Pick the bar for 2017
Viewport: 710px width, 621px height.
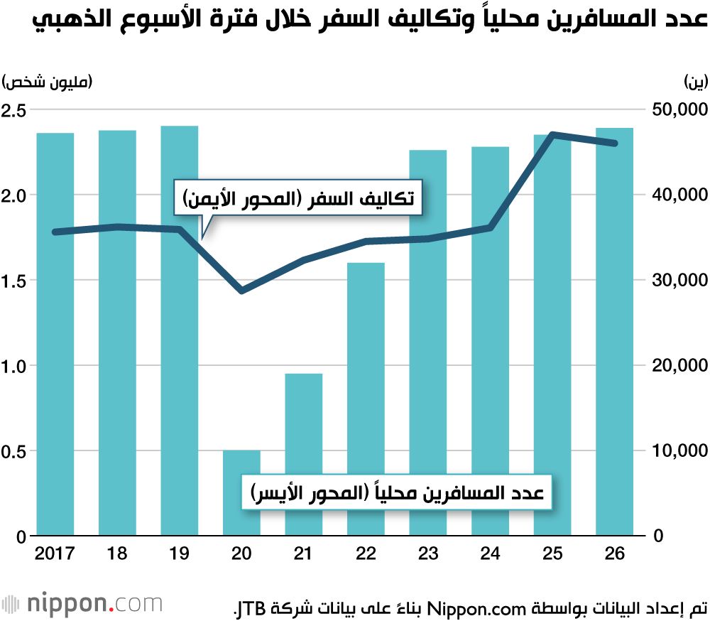[55, 334]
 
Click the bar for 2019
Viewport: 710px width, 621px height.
[180, 330]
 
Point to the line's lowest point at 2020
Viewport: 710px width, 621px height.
[242, 291]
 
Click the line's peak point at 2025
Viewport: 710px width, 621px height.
[552, 134]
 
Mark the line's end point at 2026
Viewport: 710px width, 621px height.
[614, 144]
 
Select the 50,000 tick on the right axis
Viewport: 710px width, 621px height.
[679, 110]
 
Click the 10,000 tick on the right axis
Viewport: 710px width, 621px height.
[679, 451]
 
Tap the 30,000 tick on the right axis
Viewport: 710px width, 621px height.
[679, 281]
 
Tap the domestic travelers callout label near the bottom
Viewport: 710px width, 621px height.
[398, 492]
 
